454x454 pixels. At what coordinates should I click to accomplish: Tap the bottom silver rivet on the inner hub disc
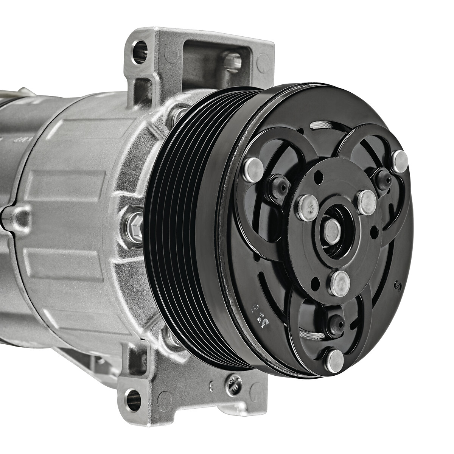pos(339,282)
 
